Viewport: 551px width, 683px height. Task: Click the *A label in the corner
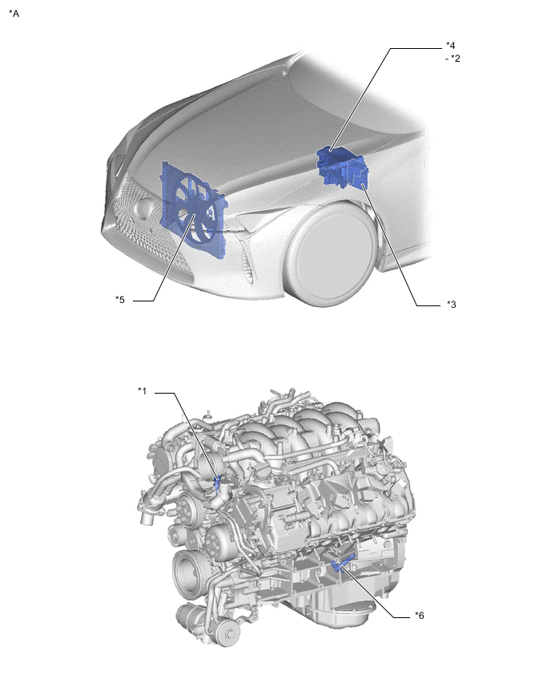point(14,14)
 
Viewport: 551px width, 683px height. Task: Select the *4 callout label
point(450,46)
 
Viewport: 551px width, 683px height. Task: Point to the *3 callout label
point(452,305)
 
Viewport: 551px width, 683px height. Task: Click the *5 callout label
point(119,300)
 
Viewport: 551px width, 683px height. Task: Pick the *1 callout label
point(143,390)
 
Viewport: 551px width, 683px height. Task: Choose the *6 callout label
point(419,616)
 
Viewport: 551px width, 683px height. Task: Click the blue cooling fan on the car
point(194,210)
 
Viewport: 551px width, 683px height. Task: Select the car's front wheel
point(330,255)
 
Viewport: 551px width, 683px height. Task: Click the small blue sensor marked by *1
point(218,483)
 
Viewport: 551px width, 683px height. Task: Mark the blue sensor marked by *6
point(342,564)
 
